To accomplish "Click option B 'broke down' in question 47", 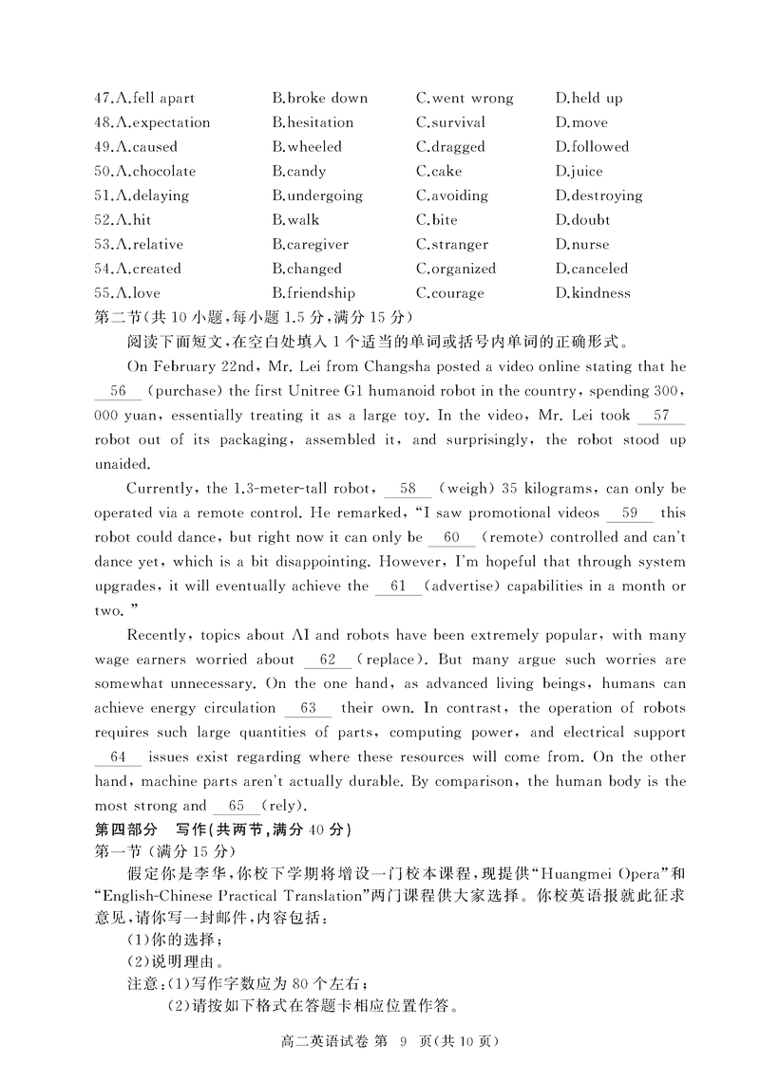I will [x=319, y=98].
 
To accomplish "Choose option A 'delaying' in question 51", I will [x=151, y=196].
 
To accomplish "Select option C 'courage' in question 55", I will [x=449, y=293].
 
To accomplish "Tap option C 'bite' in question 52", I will [x=436, y=220].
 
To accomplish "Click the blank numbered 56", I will [x=119, y=391].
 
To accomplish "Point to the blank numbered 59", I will [x=629, y=513].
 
